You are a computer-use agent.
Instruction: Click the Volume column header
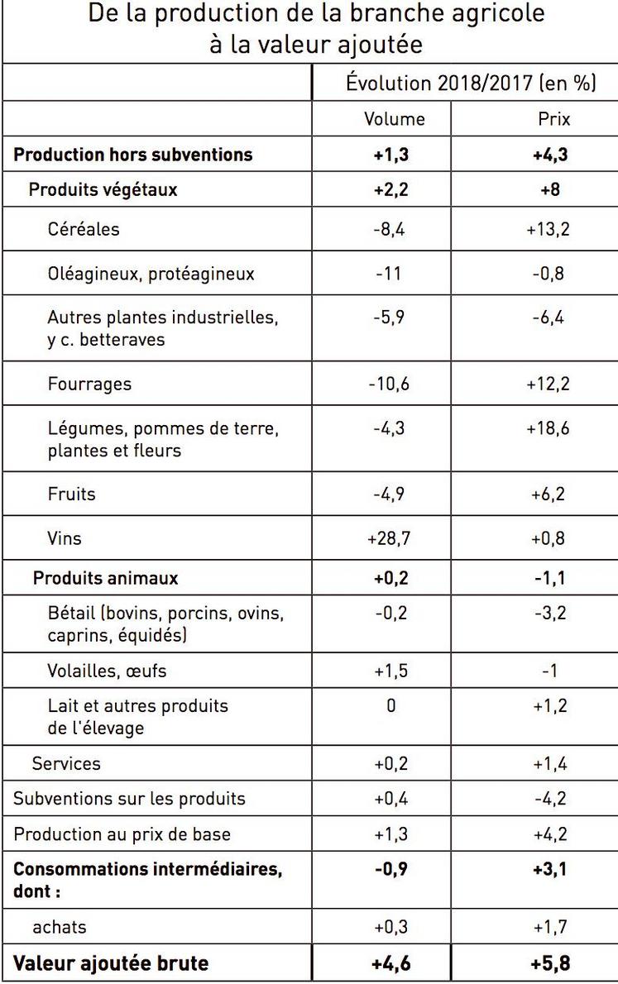click(x=395, y=119)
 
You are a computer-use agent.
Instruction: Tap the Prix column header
click(x=554, y=119)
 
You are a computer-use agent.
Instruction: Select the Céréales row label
click(x=84, y=229)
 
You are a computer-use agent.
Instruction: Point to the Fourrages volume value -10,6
click(x=389, y=385)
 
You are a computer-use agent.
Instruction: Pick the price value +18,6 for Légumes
click(x=548, y=429)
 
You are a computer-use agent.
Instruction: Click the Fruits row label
click(x=72, y=494)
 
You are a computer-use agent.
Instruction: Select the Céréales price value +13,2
click(x=548, y=229)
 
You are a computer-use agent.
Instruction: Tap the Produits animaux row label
click(x=105, y=578)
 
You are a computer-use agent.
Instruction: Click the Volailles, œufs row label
click(x=107, y=670)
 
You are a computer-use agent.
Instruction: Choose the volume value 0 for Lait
click(x=391, y=705)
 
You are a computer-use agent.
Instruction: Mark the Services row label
click(x=66, y=764)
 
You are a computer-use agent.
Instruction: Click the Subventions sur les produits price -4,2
click(x=549, y=799)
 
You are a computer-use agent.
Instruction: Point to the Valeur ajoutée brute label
click(x=111, y=963)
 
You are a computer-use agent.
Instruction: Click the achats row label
click(x=59, y=928)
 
